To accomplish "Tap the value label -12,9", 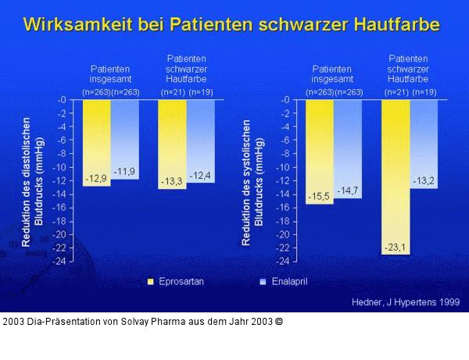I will pos(96,179).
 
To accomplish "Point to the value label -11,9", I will pos(124,171).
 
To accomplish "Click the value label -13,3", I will pos(172,181).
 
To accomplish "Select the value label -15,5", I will pos(318,196).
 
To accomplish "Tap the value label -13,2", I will pos(424,180).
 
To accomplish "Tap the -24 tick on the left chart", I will pos(60,262).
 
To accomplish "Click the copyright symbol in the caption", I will pos(279,321).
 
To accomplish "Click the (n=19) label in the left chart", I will pos(201,92).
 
